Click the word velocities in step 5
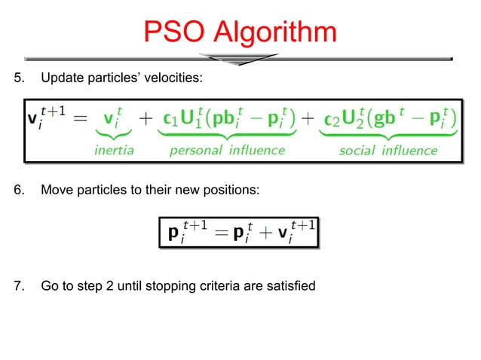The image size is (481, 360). point(176,78)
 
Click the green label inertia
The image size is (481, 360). point(114,150)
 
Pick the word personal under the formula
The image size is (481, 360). point(195,150)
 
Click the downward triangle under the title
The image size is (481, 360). point(240,59)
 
